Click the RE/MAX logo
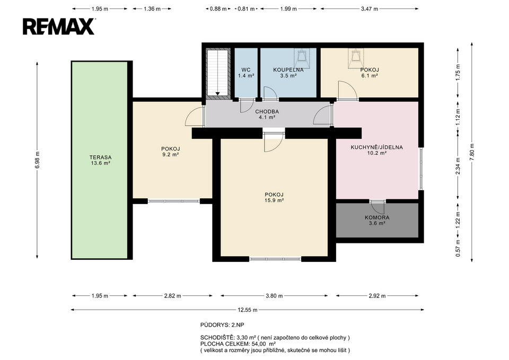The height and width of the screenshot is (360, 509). [x=59, y=27]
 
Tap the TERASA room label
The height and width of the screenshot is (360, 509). [x=100, y=157]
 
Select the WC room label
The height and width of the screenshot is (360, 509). [x=245, y=70]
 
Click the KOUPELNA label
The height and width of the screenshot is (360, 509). [x=288, y=70]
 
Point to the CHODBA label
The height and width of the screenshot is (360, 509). [x=267, y=112]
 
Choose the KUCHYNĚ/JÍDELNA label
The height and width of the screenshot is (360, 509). [x=376, y=147]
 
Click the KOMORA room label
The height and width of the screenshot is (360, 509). [x=377, y=217]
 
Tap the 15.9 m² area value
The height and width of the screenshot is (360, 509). [x=274, y=200]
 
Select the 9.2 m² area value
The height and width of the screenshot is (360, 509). [x=170, y=155]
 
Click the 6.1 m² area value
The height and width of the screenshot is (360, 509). [x=370, y=76]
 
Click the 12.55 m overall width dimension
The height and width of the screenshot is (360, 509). [x=248, y=310]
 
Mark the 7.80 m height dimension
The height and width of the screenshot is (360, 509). [x=472, y=150]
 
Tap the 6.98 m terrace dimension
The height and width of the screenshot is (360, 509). [x=37, y=160]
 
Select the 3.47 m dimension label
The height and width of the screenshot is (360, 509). [x=370, y=9]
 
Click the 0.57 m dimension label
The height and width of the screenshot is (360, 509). [x=458, y=248]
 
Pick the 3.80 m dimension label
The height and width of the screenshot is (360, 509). [x=274, y=296]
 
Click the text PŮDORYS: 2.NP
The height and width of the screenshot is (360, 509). [x=222, y=325]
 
